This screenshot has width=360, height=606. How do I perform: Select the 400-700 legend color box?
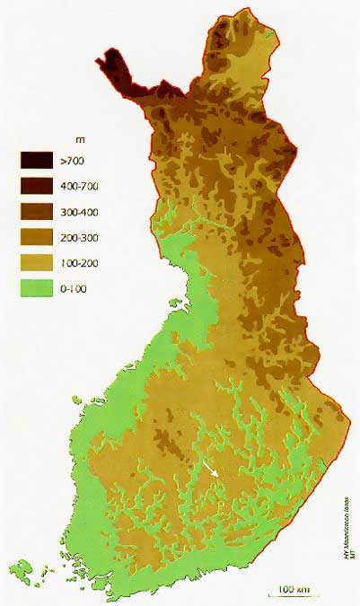[x=38, y=187]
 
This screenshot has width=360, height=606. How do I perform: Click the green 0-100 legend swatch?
[x=38, y=288]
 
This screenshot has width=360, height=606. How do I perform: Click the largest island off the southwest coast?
[x=26, y=568]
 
